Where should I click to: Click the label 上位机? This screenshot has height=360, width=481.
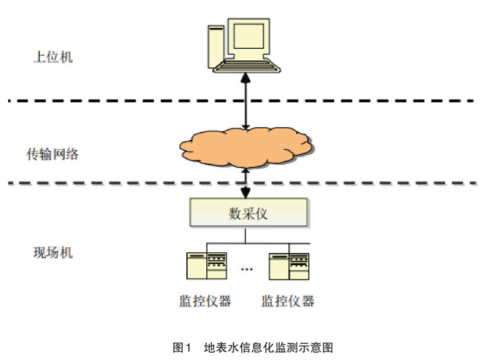point(53,57)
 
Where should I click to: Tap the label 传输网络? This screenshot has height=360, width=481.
point(57,154)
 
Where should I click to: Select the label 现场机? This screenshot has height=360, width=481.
point(53,252)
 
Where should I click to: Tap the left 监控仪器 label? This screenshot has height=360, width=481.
point(205,301)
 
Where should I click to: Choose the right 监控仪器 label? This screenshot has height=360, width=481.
point(288,301)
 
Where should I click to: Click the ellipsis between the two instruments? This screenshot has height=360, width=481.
point(247,269)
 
